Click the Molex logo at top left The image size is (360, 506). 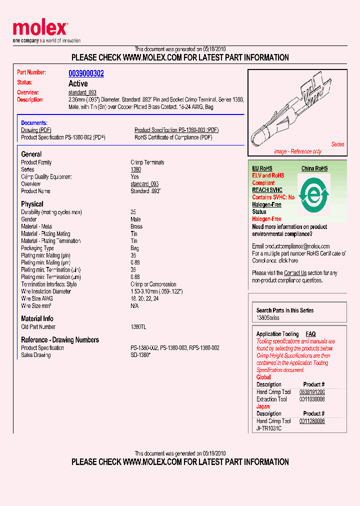point(40,29)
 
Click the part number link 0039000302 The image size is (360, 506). point(86,73)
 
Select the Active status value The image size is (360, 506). point(78,83)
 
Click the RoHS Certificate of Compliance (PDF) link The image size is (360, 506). point(173,137)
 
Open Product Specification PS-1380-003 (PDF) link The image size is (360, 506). point(176,130)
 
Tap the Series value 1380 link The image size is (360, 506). point(135,169)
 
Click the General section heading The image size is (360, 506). point(31,154)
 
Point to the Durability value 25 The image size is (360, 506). point(133,212)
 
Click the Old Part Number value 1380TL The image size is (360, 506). point(138,327)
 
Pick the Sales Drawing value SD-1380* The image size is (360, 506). point(140,355)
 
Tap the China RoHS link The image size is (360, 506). point(314,168)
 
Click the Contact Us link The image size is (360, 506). point(295,273)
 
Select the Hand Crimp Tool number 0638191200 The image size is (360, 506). point(312,392)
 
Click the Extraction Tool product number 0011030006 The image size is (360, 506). point(312,399)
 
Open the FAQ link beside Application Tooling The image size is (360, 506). point(310,334)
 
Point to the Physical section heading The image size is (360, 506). point(32,204)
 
